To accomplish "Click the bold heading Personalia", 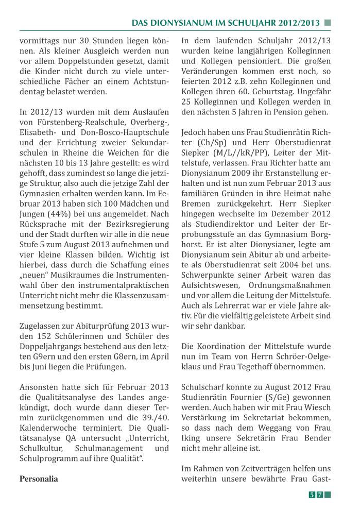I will [x=39, y=479].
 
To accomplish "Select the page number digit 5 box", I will [x=312, y=495].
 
